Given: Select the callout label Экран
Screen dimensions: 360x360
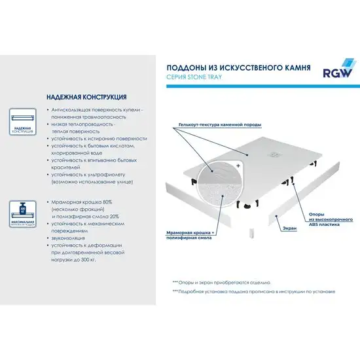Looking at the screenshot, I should pyautogui.click(x=290, y=228).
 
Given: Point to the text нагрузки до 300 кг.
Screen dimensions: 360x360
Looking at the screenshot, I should pyautogui.click(x=81, y=259).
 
